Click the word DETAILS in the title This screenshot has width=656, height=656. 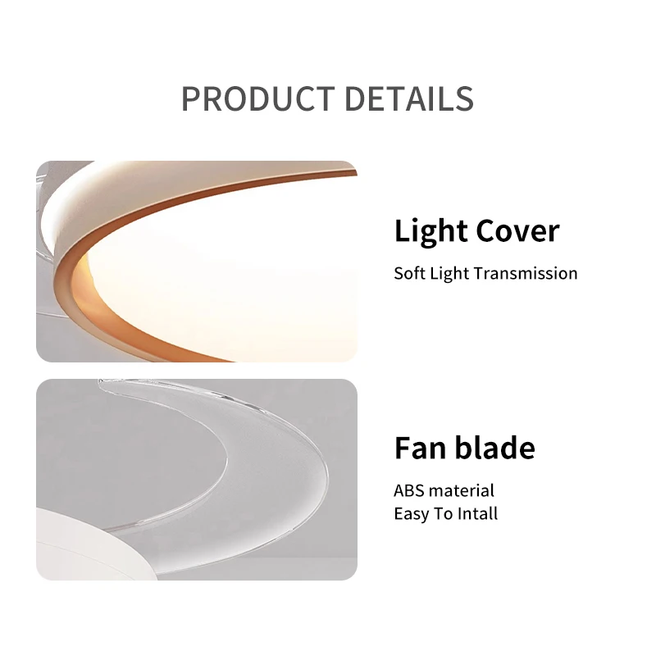[408, 98]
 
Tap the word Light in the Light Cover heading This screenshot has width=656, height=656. [431, 231]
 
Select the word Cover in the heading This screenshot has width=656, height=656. [517, 230]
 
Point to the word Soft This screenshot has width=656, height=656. [409, 273]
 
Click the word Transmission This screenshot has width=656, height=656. [526, 273]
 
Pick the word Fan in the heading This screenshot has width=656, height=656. [421, 448]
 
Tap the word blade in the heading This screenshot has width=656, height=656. [495, 447]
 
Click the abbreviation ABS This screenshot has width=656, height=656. [408, 490]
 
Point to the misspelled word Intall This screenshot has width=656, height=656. [478, 513]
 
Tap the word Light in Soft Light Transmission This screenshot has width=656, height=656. [449, 274]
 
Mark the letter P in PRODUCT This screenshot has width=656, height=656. [191, 98]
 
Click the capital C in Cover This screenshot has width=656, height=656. [485, 230]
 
